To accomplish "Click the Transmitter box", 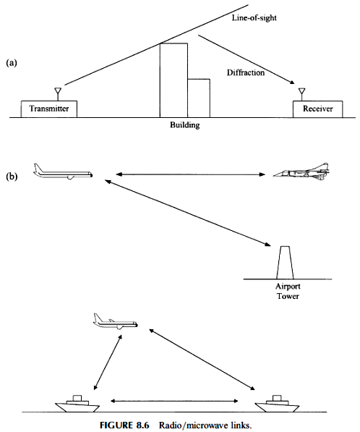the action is pos(49,109).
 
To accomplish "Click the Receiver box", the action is pos(317,109).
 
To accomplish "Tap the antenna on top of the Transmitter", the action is pos(58,94).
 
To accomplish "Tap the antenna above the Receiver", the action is pos(302,94).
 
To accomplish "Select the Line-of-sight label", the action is pos(254,18).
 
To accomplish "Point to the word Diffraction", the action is pos(246,72).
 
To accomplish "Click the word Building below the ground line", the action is pos(184,125).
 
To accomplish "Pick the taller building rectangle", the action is pos(173,80).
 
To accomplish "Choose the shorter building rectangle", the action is pos(199,98).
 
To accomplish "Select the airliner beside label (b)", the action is pos(63,172).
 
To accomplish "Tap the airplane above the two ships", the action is pos(115,321).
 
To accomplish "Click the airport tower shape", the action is pos(285,263).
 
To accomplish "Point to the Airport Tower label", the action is pos(288,291).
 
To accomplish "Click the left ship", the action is pos(77,405).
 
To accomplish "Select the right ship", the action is pos(277,405).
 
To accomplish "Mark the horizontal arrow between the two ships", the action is pos(174,401).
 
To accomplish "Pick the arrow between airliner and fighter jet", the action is pos(190,174).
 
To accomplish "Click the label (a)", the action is pos(12,63).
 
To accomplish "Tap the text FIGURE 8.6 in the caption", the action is pos(124,425).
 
